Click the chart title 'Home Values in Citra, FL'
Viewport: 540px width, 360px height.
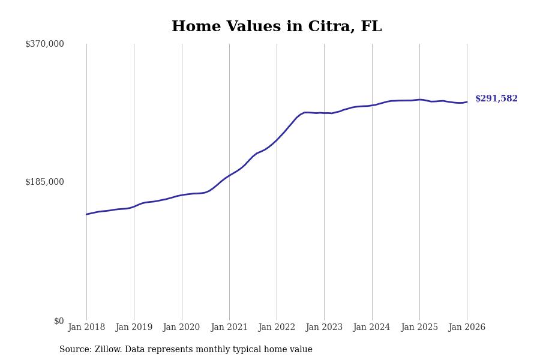pyautogui.click(x=277, y=27)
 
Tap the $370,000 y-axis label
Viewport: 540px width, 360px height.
pyautogui.click(x=44, y=44)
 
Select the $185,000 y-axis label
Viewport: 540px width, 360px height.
pyautogui.click(x=44, y=182)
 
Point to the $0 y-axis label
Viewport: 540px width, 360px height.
pyautogui.click(x=59, y=321)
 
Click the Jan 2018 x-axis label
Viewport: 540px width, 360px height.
pyautogui.click(x=86, y=328)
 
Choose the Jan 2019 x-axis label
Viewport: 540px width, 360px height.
pyautogui.click(x=134, y=328)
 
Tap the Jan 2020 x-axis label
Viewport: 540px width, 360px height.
pyautogui.click(x=181, y=328)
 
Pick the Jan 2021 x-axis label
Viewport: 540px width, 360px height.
pyautogui.click(x=229, y=328)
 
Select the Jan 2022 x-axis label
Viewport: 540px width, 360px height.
pyautogui.click(x=277, y=328)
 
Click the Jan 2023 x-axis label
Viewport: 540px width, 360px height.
pyautogui.click(x=324, y=328)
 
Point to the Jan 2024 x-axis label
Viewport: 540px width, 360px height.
pyautogui.click(x=371, y=328)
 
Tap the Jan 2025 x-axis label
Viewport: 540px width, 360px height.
pyautogui.click(x=419, y=328)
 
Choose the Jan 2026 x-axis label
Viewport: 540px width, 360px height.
pyautogui.click(x=467, y=328)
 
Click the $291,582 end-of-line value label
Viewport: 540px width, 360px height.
pyautogui.click(x=496, y=99)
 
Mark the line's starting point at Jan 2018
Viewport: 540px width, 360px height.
pyautogui.click(x=86, y=214)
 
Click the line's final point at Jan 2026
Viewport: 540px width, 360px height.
pyautogui.click(x=467, y=102)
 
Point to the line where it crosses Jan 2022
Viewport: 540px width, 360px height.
pyautogui.click(x=277, y=140)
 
